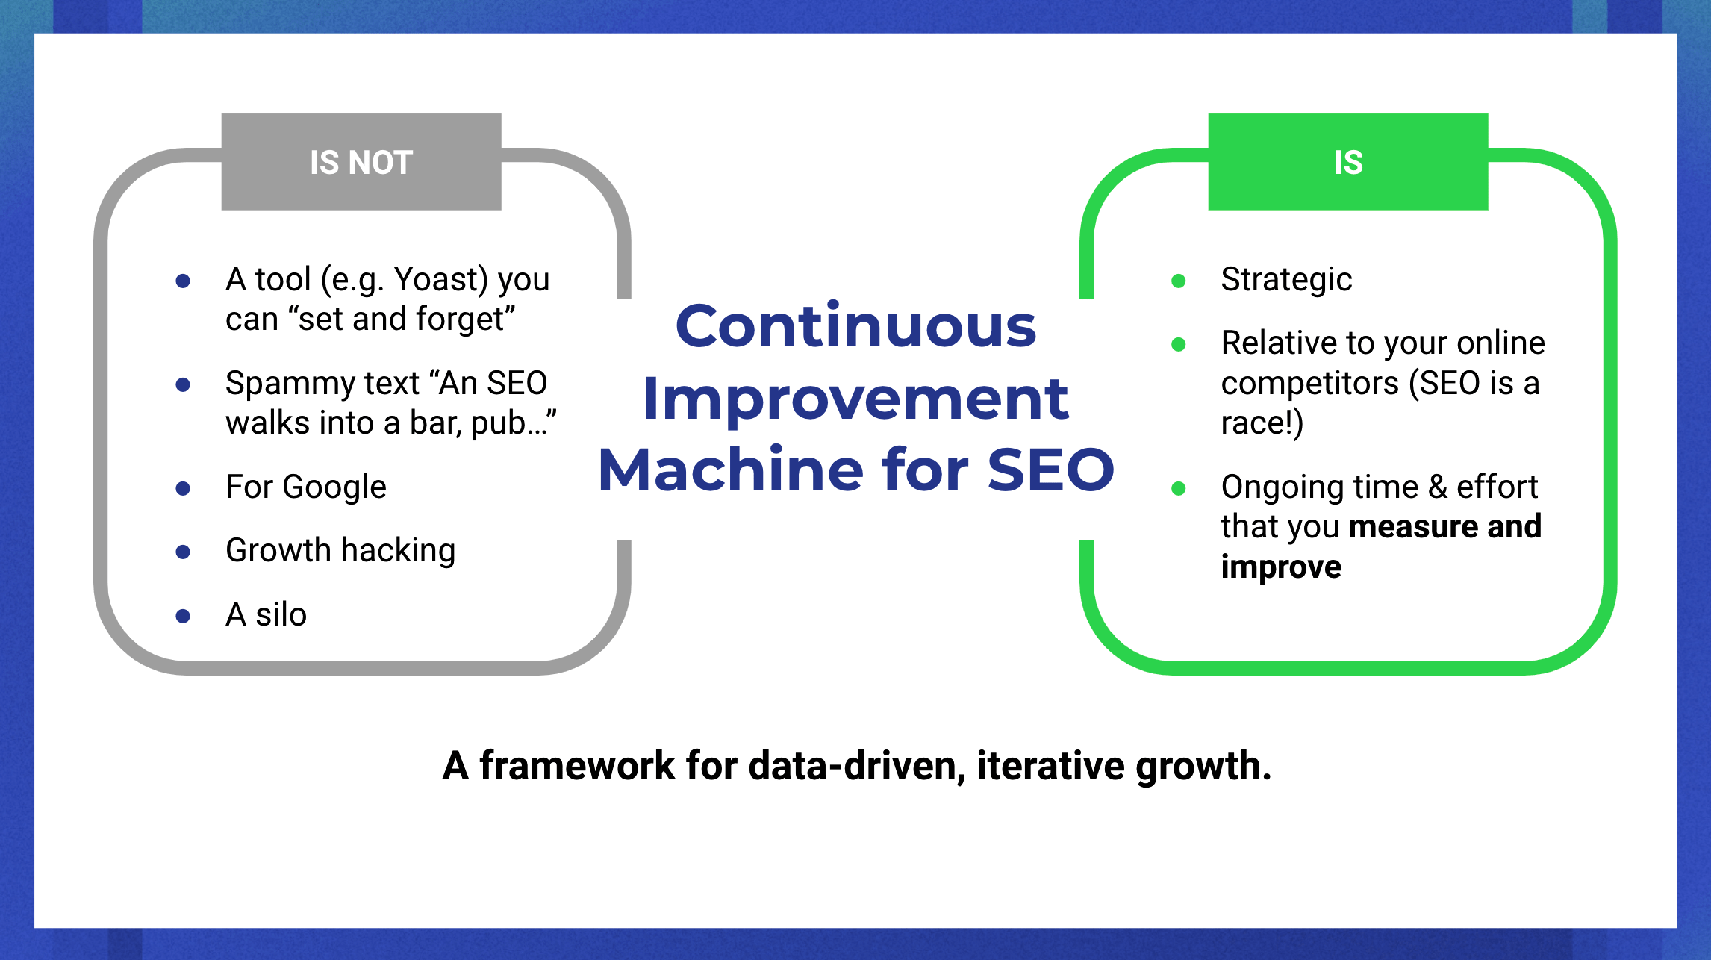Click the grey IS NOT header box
[x=361, y=162]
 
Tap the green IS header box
[x=1347, y=162]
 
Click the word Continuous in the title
[x=855, y=327]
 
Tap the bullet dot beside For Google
[x=183, y=488]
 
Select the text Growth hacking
[x=340, y=551]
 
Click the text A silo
[x=266, y=615]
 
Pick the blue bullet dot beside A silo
[x=183, y=616]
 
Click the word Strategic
[x=1286, y=280]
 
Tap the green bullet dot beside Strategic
[x=1179, y=281]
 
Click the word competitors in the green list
[x=1309, y=384]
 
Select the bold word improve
[x=1281, y=567]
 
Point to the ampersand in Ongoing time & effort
[x=1437, y=487]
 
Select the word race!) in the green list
[x=1262, y=423]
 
